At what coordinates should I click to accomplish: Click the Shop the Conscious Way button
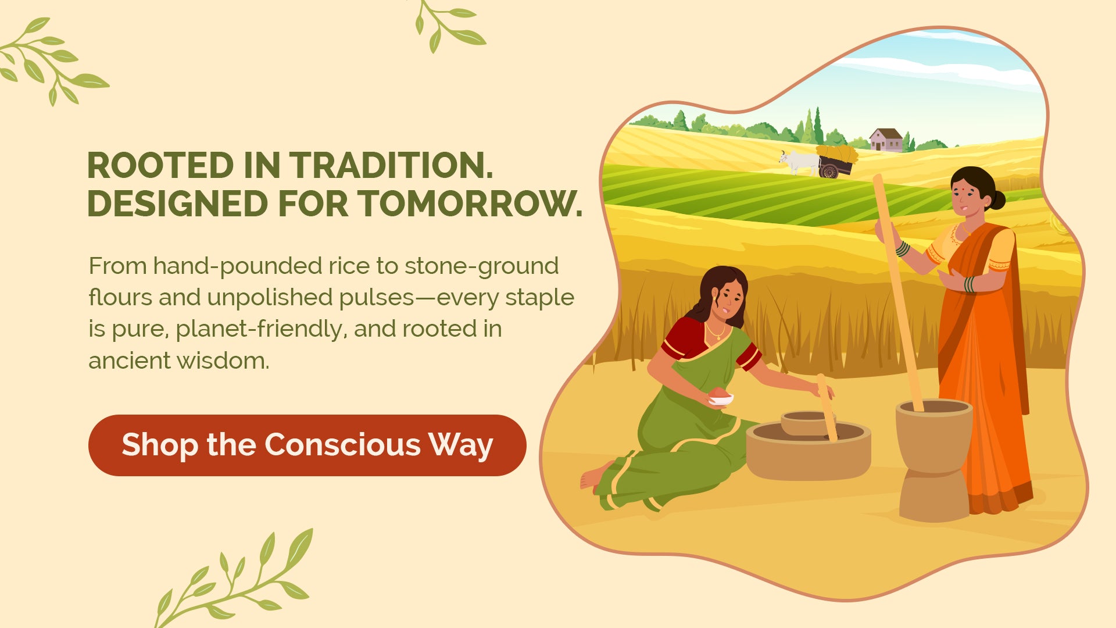tap(307, 445)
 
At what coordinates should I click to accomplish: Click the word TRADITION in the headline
tap(391, 166)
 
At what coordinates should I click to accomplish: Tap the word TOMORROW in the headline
tap(470, 204)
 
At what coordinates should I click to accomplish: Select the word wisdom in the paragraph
tap(223, 361)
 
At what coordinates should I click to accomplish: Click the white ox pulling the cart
tap(799, 162)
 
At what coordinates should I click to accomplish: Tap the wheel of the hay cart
tap(829, 171)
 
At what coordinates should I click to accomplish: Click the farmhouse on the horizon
tap(886, 140)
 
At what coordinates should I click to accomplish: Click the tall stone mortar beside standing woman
tap(934, 459)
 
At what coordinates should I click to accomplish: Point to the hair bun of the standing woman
tap(996, 200)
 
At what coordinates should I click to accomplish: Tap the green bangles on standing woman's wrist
tap(903, 249)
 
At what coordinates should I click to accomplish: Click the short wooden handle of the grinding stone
tap(827, 407)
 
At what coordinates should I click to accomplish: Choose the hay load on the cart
tap(837, 154)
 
